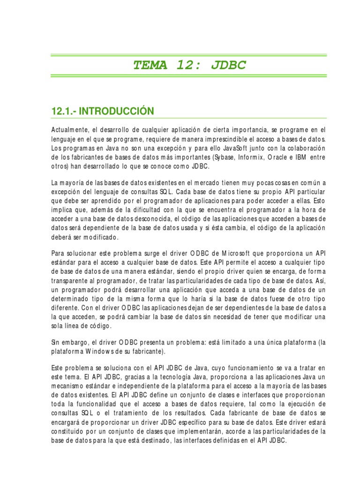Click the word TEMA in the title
(150, 65)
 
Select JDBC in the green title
(228, 65)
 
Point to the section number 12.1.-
(63, 111)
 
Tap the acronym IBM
(302, 157)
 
